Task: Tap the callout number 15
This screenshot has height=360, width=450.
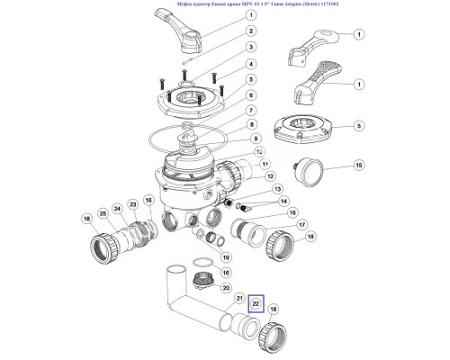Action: click(358, 166)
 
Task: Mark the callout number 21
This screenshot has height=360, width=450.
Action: click(239, 298)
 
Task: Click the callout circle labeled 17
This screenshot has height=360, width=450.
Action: click(278, 226)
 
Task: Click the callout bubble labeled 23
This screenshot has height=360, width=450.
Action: click(147, 202)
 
